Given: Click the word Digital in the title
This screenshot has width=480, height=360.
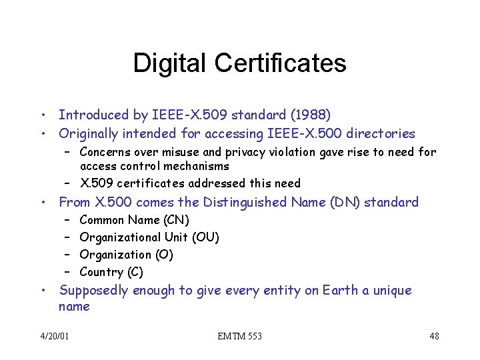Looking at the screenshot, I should tap(171, 63).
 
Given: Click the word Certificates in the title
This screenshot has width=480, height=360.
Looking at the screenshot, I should tap(281, 63).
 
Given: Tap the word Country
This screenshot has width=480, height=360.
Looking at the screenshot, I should tap(101, 272).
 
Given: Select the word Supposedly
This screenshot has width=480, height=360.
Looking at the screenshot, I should tap(94, 291).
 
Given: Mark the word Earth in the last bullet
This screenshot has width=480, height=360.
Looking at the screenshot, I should tap(339, 291).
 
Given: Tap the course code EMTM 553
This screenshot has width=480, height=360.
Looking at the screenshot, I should tap(240, 336).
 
